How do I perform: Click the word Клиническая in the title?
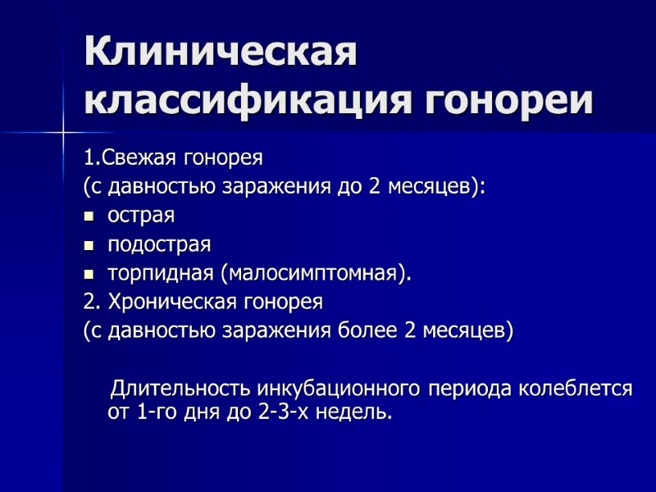(221, 55)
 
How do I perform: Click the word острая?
(141, 216)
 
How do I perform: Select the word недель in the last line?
(357, 412)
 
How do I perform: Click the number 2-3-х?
(287, 412)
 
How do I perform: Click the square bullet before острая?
(89, 217)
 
